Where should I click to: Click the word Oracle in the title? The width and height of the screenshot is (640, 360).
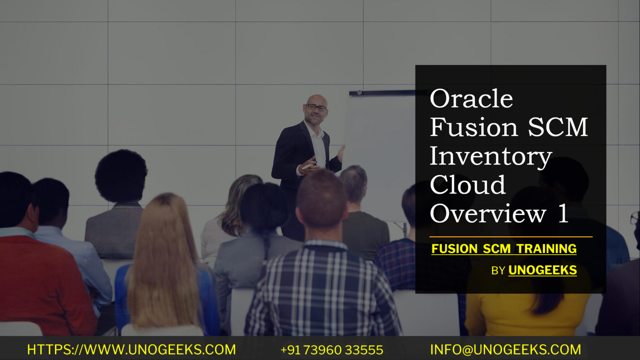471,99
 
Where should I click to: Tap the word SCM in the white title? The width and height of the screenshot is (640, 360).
557,127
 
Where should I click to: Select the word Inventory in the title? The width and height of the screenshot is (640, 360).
491,157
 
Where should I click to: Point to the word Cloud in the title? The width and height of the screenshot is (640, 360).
467,185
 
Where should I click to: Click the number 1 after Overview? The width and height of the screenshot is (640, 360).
563,214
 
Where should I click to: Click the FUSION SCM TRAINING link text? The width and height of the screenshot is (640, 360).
504,249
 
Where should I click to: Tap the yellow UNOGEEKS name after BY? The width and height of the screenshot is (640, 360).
542,270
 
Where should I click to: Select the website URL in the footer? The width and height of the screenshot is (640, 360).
131,350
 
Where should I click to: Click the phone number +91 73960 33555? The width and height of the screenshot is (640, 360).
332,350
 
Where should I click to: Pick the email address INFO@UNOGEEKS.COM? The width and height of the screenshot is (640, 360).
505,350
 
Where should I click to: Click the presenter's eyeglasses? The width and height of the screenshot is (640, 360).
317,108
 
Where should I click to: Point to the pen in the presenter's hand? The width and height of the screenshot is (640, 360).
309,166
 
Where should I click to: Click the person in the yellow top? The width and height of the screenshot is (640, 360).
525,312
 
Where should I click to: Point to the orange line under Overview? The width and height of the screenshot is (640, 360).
511,237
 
